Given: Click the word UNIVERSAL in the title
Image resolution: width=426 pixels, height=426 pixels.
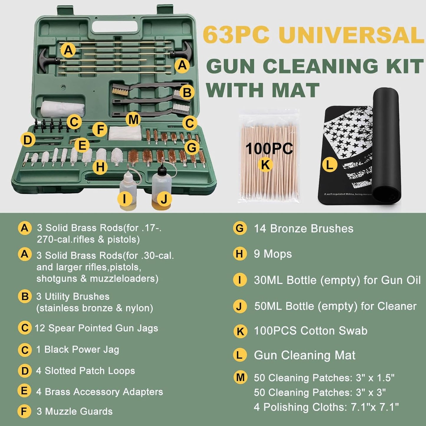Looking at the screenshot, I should click(351, 35).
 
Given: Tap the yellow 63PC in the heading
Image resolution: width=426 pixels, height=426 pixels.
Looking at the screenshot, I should click(236, 35).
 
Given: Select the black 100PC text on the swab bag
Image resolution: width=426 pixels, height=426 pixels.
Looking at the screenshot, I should click(269, 149).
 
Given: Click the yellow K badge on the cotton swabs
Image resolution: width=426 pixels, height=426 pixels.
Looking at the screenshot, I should click(265, 165).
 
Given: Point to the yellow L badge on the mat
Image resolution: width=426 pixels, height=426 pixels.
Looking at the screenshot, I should click(329, 165).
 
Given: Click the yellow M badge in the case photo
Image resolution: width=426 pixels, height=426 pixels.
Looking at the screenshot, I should click(133, 120).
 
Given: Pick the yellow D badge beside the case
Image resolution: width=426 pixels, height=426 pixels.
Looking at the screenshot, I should click(28, 140).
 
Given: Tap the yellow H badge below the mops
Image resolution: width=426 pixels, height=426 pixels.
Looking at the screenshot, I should click(100, 167).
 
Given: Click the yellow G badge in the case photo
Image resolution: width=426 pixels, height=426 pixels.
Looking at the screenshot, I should click(192, 147).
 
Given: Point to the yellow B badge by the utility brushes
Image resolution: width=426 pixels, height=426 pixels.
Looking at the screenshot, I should click(187, 93).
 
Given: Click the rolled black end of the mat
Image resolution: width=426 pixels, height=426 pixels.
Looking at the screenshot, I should click(386, 144).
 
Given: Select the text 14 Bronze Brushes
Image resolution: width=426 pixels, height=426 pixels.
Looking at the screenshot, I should click(303, 229).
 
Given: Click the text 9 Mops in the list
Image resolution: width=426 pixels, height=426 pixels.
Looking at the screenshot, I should click(273, 254).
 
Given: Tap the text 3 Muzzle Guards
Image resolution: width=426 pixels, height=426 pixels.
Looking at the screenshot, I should click(74, 411).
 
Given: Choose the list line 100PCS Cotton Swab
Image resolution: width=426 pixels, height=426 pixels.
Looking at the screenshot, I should click(310, 331).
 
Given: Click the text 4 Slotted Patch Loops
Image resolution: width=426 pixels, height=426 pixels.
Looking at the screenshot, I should click(85, 371).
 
